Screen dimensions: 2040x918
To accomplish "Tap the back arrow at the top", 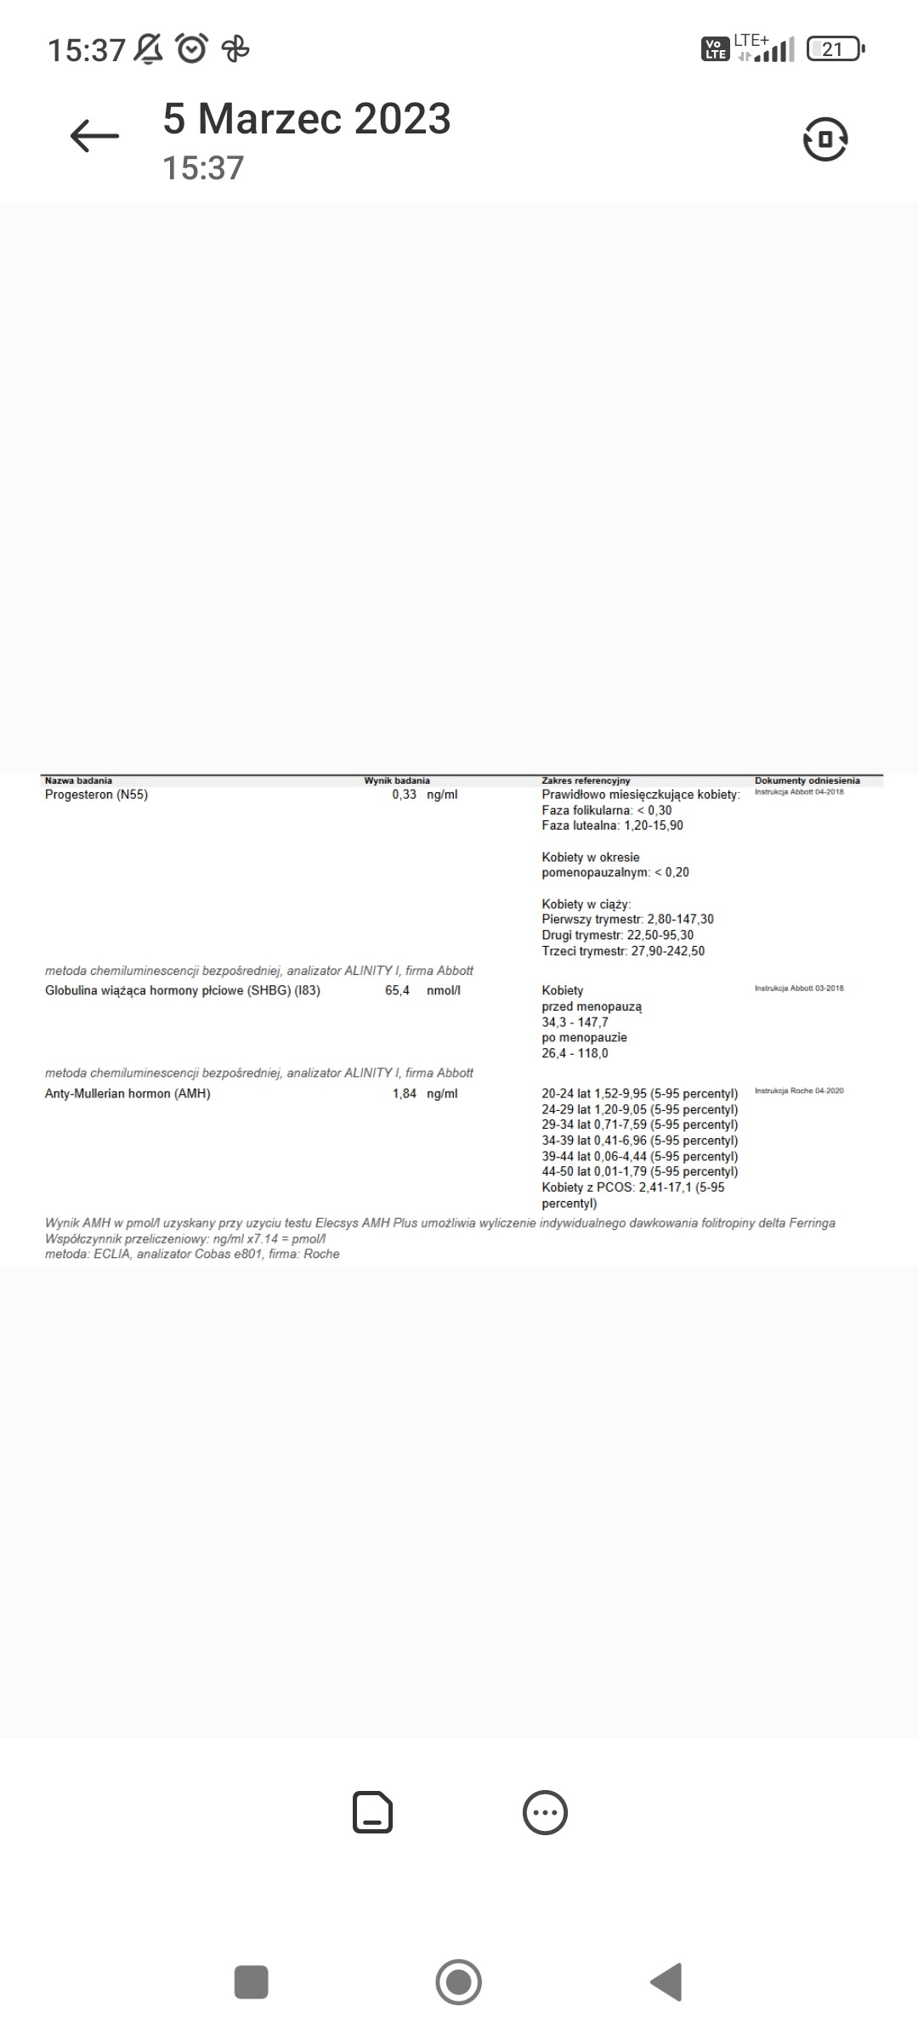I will pos(94,136).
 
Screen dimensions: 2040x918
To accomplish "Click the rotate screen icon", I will pos(824,139).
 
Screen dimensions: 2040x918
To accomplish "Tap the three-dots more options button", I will pos(545,1813).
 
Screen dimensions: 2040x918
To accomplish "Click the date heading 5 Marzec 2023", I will pos(307,119).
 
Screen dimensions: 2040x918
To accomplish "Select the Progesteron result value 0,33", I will pos(405,795).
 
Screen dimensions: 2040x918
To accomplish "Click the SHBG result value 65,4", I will pos(397,990).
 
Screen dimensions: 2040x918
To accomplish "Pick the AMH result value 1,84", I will pos(405,1094).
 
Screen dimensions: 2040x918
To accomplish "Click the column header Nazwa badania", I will pos(78,780).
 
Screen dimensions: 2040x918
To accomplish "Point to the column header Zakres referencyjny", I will pos(586,780).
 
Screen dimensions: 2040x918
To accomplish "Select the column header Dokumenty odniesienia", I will pos(807,780).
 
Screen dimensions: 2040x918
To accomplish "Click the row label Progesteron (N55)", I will pos(96,795).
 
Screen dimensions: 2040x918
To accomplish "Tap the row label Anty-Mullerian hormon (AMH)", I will pos(127,1094).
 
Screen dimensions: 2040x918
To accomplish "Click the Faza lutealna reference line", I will pos(612,825).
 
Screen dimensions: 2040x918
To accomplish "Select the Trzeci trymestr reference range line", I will pos(623,951).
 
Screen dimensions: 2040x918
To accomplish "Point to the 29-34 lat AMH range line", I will pos(639,1125).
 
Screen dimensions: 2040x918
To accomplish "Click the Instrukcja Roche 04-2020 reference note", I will pos(799,1091).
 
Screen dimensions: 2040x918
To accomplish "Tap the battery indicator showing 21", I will pos(834,49).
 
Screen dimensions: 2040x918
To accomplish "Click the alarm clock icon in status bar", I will pos(192,48).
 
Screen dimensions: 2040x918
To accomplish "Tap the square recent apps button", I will pos(251,1982).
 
